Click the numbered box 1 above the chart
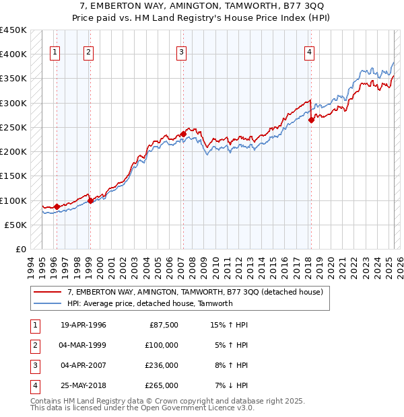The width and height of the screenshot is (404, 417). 55,54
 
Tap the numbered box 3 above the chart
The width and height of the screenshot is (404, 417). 182,54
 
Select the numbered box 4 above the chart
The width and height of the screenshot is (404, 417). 309,54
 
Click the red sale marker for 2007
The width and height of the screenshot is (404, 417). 183,135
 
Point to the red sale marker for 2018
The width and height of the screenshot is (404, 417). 312,120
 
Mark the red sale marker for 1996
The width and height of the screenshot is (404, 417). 57,206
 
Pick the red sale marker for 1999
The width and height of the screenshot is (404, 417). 90,200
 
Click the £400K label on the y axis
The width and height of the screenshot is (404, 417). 13,54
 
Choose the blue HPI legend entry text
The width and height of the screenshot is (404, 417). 149,303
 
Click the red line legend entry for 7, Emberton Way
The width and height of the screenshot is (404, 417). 195,292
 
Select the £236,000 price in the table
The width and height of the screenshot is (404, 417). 162,366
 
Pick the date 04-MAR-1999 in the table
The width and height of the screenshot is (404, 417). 83,346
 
